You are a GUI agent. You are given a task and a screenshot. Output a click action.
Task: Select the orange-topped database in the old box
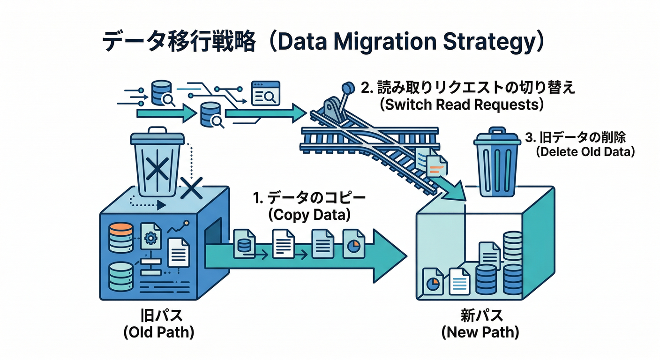click(x=120, y=237)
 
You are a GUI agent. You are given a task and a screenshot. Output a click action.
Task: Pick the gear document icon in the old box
click(x=151, y=237)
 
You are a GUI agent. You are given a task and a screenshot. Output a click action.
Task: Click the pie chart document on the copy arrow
click(x=353, y=243)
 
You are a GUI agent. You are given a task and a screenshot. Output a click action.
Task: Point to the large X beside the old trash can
click(x=191, y=189)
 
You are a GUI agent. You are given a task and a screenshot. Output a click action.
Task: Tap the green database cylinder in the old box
click(x=120, y=277)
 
